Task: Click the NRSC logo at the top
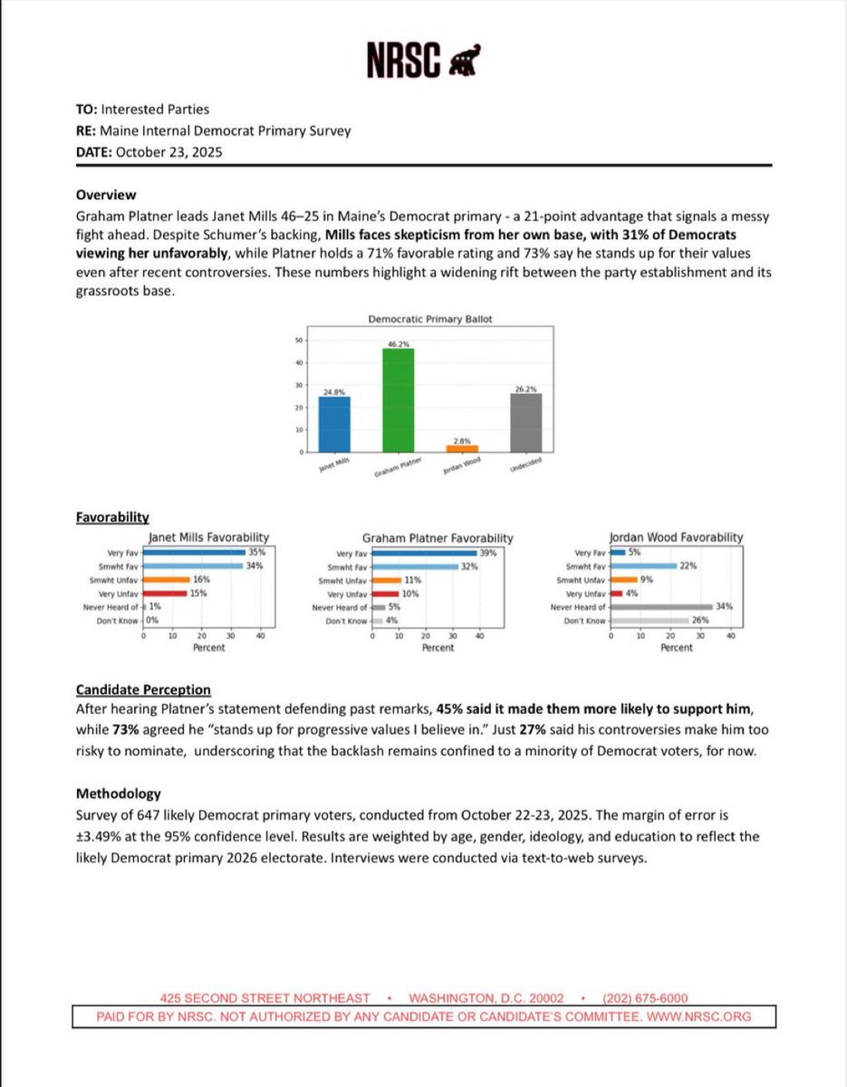coord(423,61)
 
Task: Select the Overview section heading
coord(105,195)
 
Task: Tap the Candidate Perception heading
coord(143,689)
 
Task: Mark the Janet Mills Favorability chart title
coord(208,537)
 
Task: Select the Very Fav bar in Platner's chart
coord(424,553)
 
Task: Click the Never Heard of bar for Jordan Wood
coord(662,607)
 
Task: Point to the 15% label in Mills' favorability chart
coord(199,593)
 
